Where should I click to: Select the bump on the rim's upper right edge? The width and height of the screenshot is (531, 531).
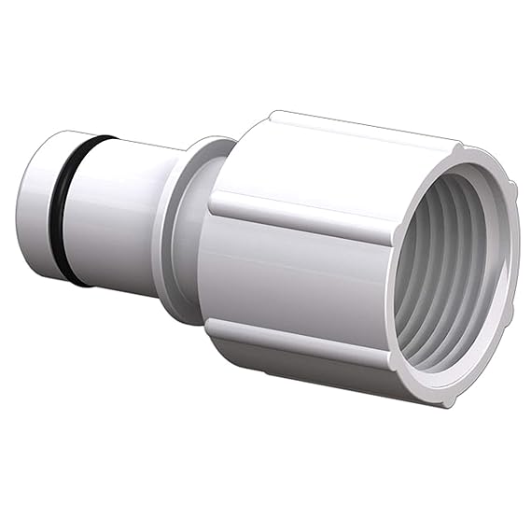tap(510, 191)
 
